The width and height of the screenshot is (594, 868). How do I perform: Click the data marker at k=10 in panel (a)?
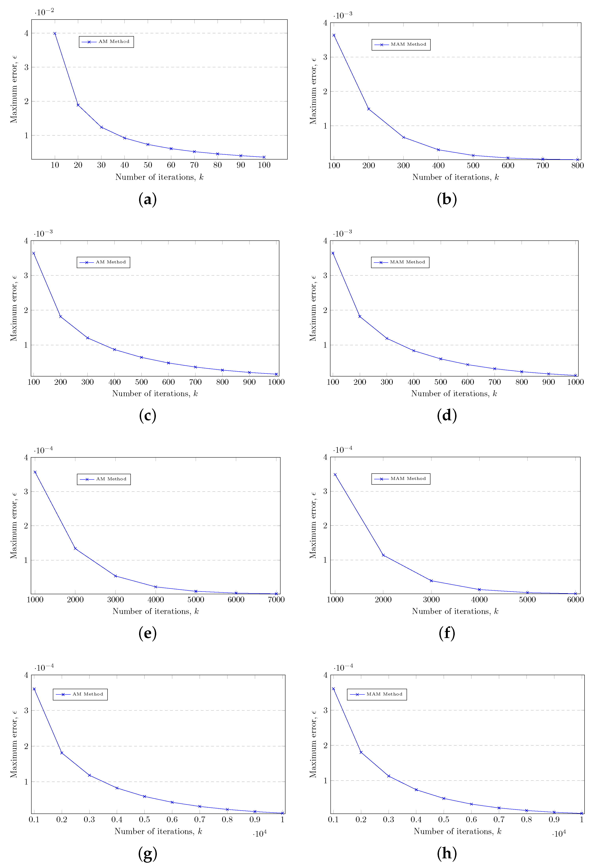tap(55, 33)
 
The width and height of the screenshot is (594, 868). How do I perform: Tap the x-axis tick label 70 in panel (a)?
tap(194, 165)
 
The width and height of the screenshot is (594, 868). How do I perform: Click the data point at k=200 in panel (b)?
tap(369, 109)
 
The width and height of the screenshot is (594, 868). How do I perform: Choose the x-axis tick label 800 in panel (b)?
tap(577, 165)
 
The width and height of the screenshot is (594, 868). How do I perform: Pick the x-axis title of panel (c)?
tap(155, 394)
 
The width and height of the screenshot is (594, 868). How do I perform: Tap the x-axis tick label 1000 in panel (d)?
tap(575, 382)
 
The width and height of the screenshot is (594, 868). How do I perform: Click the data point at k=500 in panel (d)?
tap(441, 359)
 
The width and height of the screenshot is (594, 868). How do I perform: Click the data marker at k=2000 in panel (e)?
tap(75, 549)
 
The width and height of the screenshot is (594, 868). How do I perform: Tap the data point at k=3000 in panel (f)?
tap(431, 581)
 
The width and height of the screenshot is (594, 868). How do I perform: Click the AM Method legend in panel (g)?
tap(80, 694)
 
